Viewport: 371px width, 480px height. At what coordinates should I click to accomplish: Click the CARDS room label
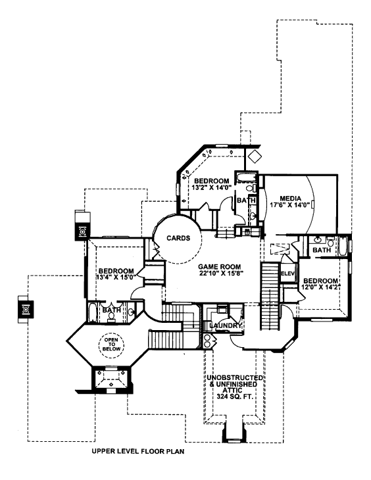[178, 238]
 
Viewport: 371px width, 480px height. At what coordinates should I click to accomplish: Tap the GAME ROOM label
[219, 267]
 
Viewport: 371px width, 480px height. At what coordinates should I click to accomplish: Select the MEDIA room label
[291, 199]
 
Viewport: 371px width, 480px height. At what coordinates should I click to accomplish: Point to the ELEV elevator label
[287, 274]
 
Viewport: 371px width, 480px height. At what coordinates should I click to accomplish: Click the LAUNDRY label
[225, 325]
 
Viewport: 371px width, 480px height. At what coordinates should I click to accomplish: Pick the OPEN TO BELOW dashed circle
[111, 345]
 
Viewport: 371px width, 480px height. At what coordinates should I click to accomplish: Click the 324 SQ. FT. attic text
[235, 396]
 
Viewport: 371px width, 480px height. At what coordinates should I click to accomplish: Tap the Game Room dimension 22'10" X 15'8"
[220, 273]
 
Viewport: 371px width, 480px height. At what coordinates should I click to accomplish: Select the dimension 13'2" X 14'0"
[211, 187]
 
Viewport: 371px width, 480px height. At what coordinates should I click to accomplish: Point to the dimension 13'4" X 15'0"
[116, 277]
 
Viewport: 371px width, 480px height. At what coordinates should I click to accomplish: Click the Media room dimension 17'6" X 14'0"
[291, 204]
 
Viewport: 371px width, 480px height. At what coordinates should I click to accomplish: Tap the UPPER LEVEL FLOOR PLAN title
[138, 451]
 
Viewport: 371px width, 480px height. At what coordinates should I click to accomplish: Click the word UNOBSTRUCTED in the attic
[235, 377]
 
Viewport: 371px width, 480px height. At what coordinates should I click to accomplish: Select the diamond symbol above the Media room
[254, 156]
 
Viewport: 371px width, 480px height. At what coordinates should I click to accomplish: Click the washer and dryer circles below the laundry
[207, 341]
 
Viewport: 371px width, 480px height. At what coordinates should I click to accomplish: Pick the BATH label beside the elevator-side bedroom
[322, 250]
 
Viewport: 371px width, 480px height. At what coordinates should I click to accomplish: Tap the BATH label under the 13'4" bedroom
[112, 310]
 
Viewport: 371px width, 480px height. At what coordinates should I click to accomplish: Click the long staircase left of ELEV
[270, 296]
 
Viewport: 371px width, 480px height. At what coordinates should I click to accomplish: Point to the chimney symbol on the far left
[26, 309]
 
